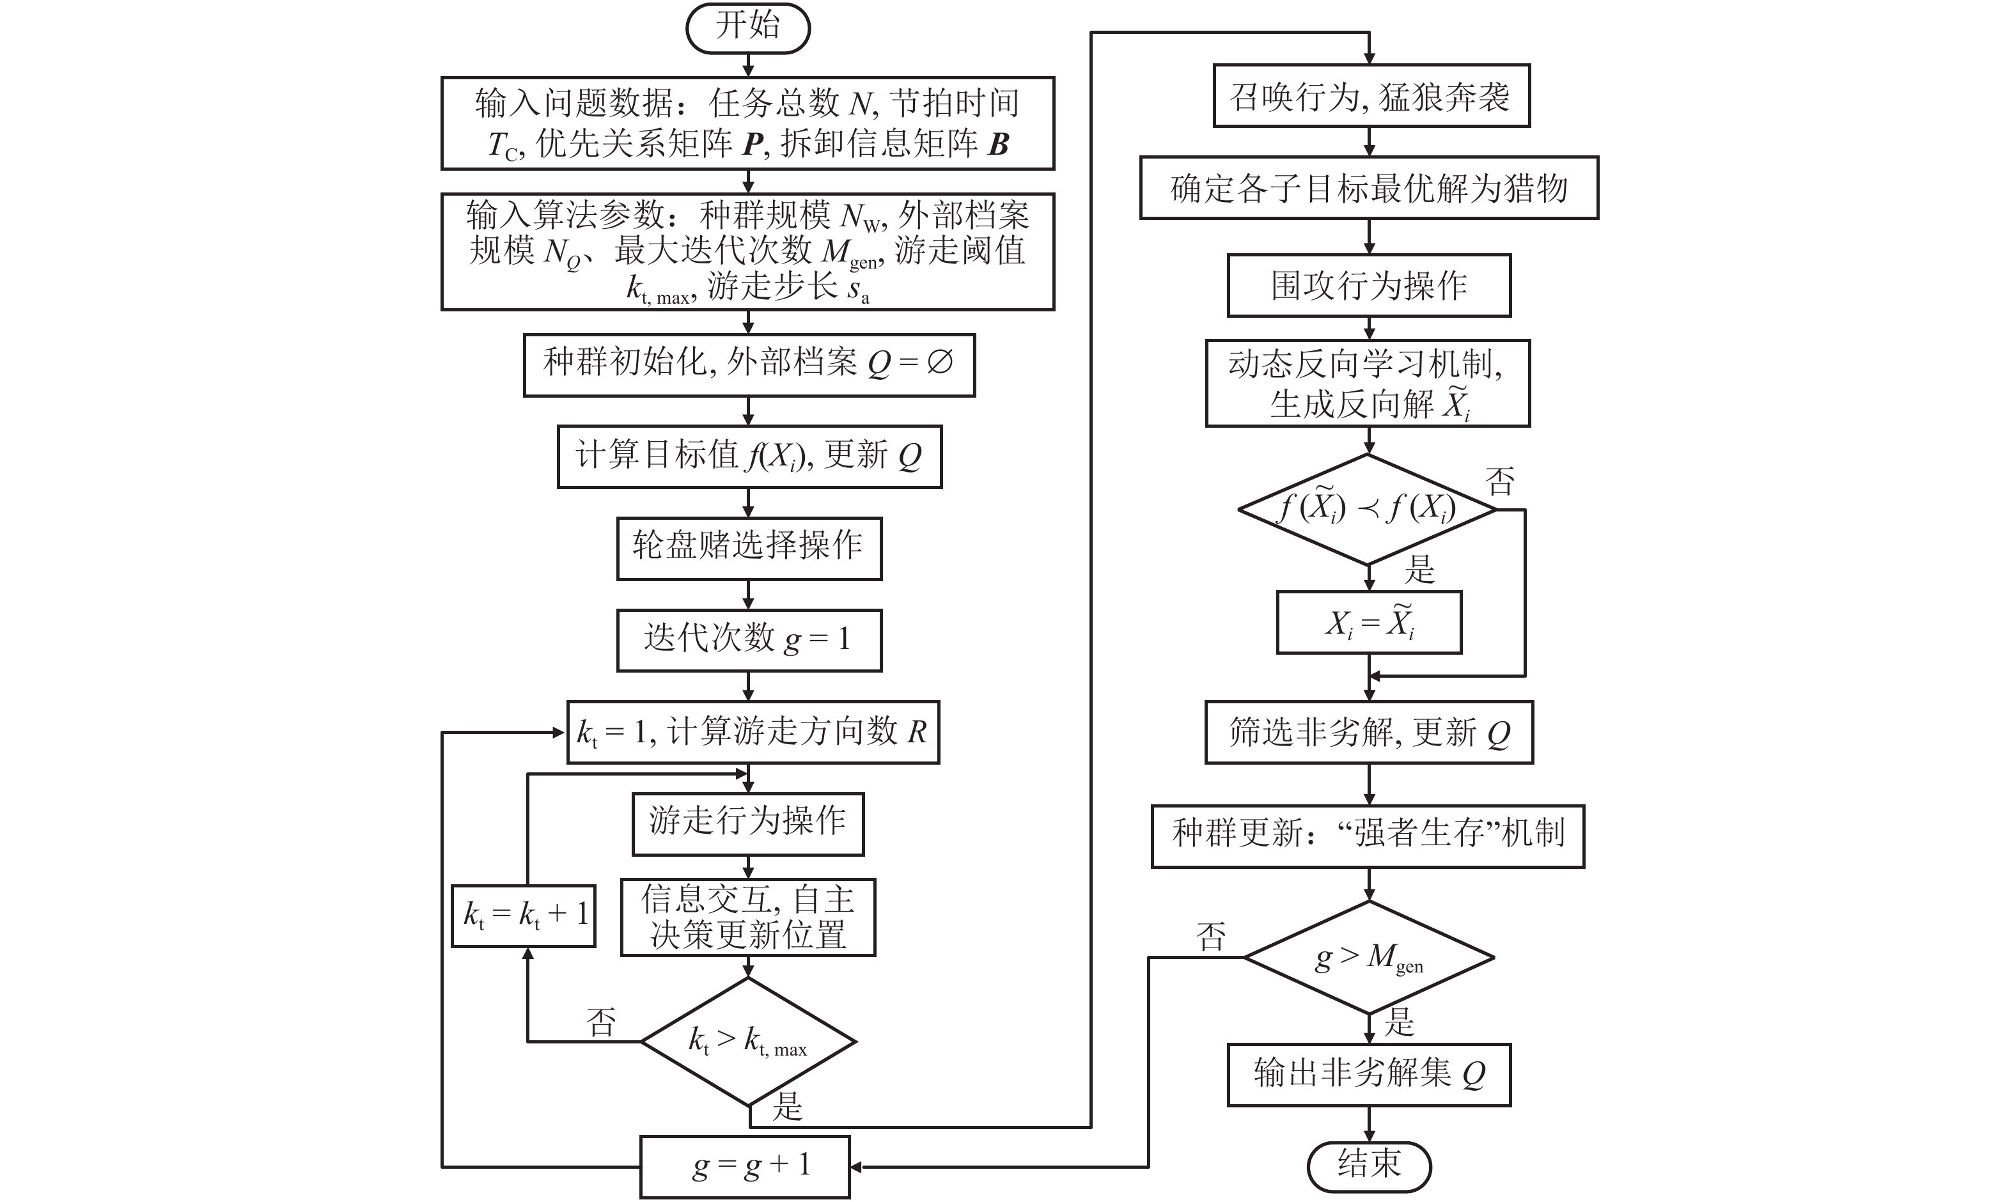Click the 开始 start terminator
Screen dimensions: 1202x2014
(747, 28)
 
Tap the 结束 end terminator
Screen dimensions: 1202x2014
(1369, 1166)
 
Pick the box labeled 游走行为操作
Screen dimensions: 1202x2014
(748, 823)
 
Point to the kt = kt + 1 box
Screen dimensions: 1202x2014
(524, 916)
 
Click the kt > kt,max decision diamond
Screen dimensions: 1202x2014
(748, 1042)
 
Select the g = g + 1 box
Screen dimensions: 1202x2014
(745, 1166)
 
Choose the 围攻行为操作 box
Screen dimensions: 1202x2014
(1369, 286)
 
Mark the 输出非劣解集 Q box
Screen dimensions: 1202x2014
(1369, 1075)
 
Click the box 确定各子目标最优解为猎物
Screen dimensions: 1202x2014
(1369, 188)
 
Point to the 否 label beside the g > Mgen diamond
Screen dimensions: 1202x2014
(1212, 937)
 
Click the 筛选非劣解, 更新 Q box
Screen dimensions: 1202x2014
(1369, 732)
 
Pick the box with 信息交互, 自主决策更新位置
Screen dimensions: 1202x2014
(748, 917)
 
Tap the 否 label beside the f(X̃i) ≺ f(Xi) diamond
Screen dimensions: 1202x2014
(1500, 482)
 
